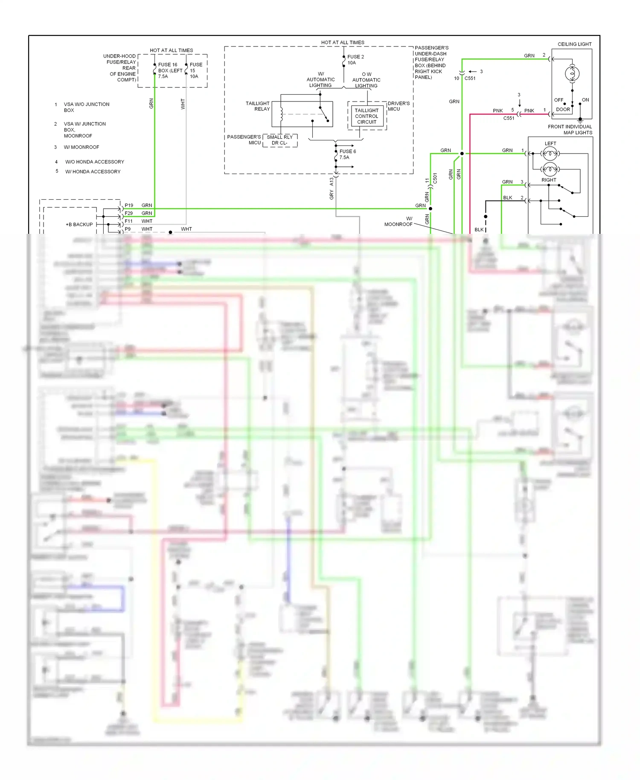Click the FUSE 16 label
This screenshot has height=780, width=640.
tap(167, 65)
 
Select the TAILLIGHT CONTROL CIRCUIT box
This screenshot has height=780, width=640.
tap(367, 116)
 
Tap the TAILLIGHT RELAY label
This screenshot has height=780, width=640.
tap(258, 106)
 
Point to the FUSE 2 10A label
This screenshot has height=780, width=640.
tap(355, 60)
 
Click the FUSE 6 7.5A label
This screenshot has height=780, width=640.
tap(347, 154)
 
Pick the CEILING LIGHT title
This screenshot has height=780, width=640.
tap(574, 44)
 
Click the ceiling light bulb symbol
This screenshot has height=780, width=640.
tap(572, 74)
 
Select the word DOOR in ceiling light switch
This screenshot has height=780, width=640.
tap(563, 110)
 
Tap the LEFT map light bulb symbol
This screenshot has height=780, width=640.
tap(550, 153)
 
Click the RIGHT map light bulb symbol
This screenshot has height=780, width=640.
tap(550, 169)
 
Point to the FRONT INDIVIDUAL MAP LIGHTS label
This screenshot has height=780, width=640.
tap(570, 130)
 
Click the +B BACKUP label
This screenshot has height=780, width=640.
tap(79, 224)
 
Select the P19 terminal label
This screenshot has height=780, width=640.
tap(129, 205)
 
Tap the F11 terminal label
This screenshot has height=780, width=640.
tap(129, 221)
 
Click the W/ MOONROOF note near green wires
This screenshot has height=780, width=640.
tap(399, 221)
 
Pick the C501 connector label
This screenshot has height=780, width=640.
tap(435, 178)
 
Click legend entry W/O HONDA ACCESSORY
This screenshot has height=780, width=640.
tap(94, 162)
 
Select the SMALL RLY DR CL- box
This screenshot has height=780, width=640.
tap(280, 140)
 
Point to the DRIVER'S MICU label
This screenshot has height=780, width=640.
tap(399, 106)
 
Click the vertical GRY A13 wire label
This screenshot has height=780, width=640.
tap(332, 189)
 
